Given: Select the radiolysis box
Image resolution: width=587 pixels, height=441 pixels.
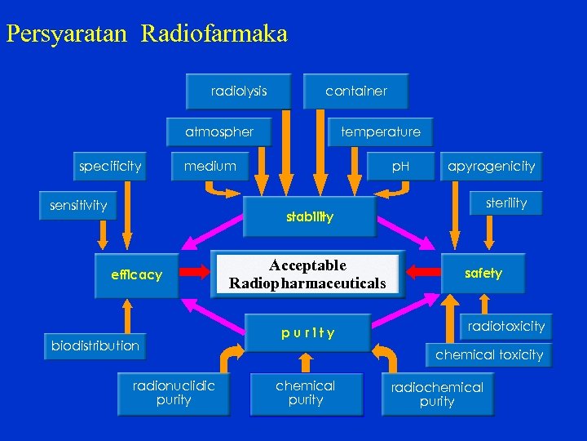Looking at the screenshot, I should tap(239, 91).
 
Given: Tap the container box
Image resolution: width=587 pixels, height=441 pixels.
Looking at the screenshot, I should tap(356, 91).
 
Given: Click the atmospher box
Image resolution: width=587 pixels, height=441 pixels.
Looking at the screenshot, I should tap(219, 131).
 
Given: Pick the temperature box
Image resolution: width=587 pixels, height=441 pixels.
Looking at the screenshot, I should tap(381, 131).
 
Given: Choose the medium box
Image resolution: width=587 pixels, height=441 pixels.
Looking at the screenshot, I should tap(210, 167).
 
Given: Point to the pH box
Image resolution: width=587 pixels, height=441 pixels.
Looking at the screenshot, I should tap(400, 167).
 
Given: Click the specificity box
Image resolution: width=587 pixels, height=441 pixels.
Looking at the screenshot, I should tap(110, 167).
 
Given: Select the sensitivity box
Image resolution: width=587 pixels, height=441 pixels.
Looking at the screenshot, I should tap(78, 205).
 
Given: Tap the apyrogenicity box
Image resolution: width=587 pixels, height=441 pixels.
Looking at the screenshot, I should tap(491, 167).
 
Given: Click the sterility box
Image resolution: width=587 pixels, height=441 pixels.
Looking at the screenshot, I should tap(506, 203).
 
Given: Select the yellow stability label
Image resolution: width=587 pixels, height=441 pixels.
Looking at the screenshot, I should tap(310, 217).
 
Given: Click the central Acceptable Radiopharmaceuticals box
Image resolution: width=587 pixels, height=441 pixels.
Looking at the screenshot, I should tap(307, 274).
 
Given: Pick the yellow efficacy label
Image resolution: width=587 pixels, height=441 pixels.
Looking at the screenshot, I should tap(137, 275).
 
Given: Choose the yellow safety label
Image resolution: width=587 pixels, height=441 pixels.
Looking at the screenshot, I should tap(483, 274).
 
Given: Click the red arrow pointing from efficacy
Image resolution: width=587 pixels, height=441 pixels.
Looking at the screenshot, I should tap(195, 270).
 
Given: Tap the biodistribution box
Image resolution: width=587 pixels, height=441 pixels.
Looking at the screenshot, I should tap(95, 345).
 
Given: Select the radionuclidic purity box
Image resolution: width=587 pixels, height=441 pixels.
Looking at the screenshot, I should tap(174, 393).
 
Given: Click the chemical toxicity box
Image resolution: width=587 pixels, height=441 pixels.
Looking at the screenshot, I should tap(489, 355).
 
